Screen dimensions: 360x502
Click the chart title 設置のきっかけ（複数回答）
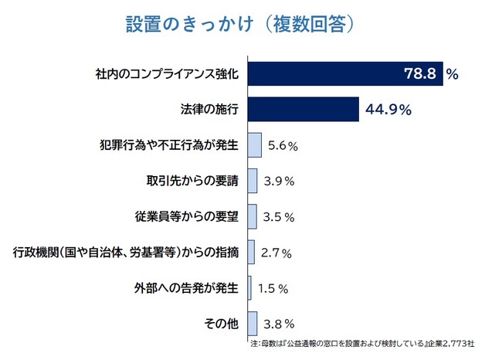pyautogui.click(x=240, y=24)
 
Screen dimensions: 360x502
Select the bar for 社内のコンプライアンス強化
pyautogui.click(x=345, y=74)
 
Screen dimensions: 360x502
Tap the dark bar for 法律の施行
pyautogui.click(x=304, y=110)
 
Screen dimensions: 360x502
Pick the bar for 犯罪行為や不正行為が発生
pyautogui.click(x=255, y=144)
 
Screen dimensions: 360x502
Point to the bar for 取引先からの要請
pyautogui.click(x=253, y=180)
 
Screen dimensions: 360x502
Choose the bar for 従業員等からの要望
pyautogui.click(x=253, y=216)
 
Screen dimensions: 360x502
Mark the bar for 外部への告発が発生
pyautogui.click(x=249, y=287)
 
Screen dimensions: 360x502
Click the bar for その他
pyautogui.click(x=253, y=323)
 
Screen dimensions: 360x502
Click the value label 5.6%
pyautogui.click(x=282, y=144)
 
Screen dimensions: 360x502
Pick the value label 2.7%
pyautogui.click(x=276, y=251)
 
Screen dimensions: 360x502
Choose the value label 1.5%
pyautogui.click(x=273, y=287)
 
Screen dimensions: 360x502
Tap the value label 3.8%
pyautogui.click(x=279, y=323)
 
